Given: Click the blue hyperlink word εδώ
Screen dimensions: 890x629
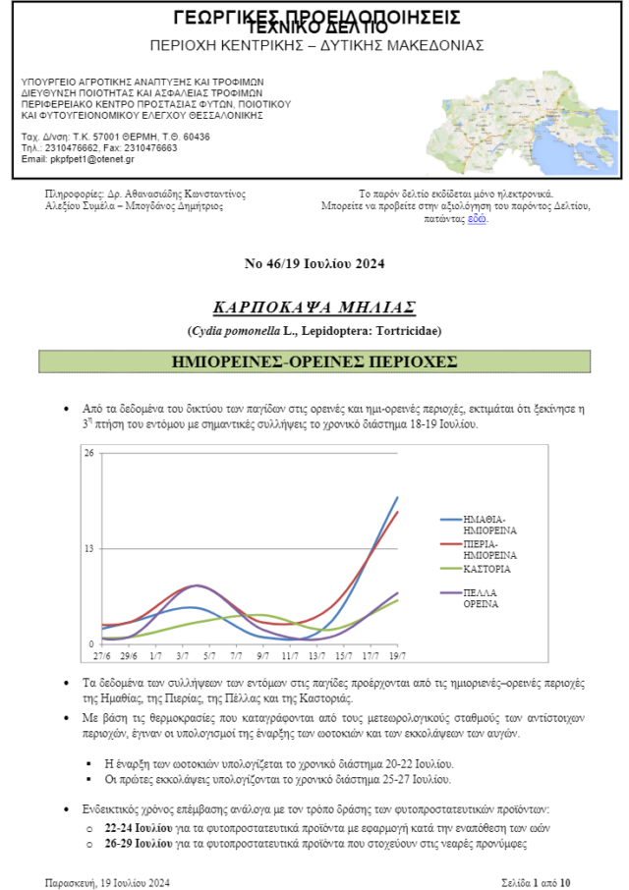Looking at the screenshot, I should coord(477,218).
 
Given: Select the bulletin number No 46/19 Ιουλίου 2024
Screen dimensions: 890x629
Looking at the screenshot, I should coord(314,263).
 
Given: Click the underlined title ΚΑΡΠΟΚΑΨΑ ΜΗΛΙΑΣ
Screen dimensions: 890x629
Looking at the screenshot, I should coord(314,306).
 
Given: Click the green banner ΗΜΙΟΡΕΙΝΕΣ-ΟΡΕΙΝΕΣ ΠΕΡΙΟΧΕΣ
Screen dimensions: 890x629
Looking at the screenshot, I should coord(314,361).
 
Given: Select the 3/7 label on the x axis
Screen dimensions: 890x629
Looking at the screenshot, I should coord(182,654).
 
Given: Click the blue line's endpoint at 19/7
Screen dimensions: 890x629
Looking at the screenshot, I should coord(397,498).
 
